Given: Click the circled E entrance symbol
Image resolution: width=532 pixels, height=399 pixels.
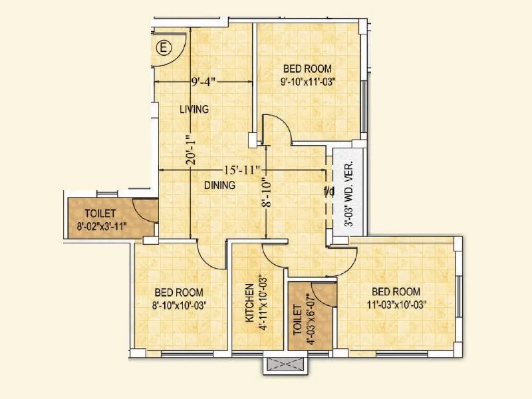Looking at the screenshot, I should pos(163,47).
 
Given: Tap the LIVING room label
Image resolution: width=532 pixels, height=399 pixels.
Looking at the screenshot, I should pos(194,109).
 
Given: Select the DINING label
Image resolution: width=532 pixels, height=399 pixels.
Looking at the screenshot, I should pos(219,186).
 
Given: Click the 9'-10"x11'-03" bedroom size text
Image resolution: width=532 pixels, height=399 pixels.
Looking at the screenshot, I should pos(307,82).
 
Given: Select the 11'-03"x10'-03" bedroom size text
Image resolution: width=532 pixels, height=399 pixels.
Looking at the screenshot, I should pos(396,305).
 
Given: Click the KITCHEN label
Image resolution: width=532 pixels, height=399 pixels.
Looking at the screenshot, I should pos(249,303).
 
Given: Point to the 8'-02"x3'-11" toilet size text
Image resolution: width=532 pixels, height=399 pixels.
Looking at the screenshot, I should pos(100,226).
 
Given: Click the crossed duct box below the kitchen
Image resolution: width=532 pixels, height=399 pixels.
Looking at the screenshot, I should pos(284,365).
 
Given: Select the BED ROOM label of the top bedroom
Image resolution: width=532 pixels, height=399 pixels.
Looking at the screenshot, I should pos(307,68).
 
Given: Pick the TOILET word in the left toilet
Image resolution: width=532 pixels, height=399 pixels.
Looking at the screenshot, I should pos(100,213).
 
